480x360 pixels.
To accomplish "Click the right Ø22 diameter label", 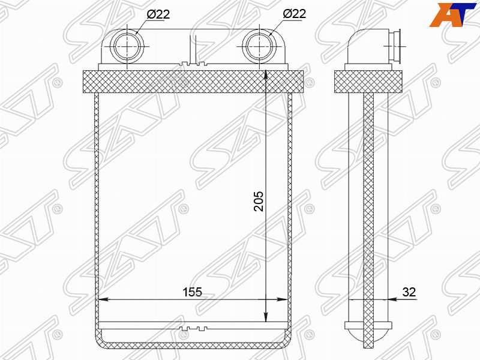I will pos(294,14).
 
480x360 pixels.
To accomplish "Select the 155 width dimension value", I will pos(192,292).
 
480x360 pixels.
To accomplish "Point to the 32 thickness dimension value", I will pos(409,292).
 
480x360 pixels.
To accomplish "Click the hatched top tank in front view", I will pos(193,81).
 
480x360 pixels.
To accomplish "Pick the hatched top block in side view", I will pos(367,81).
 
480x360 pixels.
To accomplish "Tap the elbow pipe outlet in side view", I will pos(395,46).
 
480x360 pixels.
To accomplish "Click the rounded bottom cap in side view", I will pos(368,334).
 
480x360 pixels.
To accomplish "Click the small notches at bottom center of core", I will pos(193,328).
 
